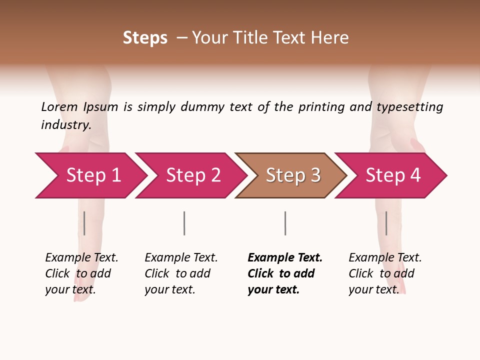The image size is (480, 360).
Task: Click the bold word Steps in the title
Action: [145, 38]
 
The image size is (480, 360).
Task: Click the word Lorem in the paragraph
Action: [59, 106]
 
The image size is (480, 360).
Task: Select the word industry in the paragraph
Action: [65, 124]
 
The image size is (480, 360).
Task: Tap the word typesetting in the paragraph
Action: [409, 106]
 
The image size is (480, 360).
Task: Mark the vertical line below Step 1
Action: [84, 223]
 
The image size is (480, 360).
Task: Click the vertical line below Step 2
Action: [184, 223]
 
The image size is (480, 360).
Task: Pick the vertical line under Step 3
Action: [285, 223]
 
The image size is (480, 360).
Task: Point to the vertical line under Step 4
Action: [386, 223]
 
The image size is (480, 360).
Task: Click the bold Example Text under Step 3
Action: [285, 257]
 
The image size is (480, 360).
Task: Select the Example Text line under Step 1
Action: [81, 257]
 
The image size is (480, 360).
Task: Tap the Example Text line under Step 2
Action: [181, 257]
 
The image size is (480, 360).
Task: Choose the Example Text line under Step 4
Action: [385, 257]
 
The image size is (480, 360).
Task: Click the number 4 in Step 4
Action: [415, 175]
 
